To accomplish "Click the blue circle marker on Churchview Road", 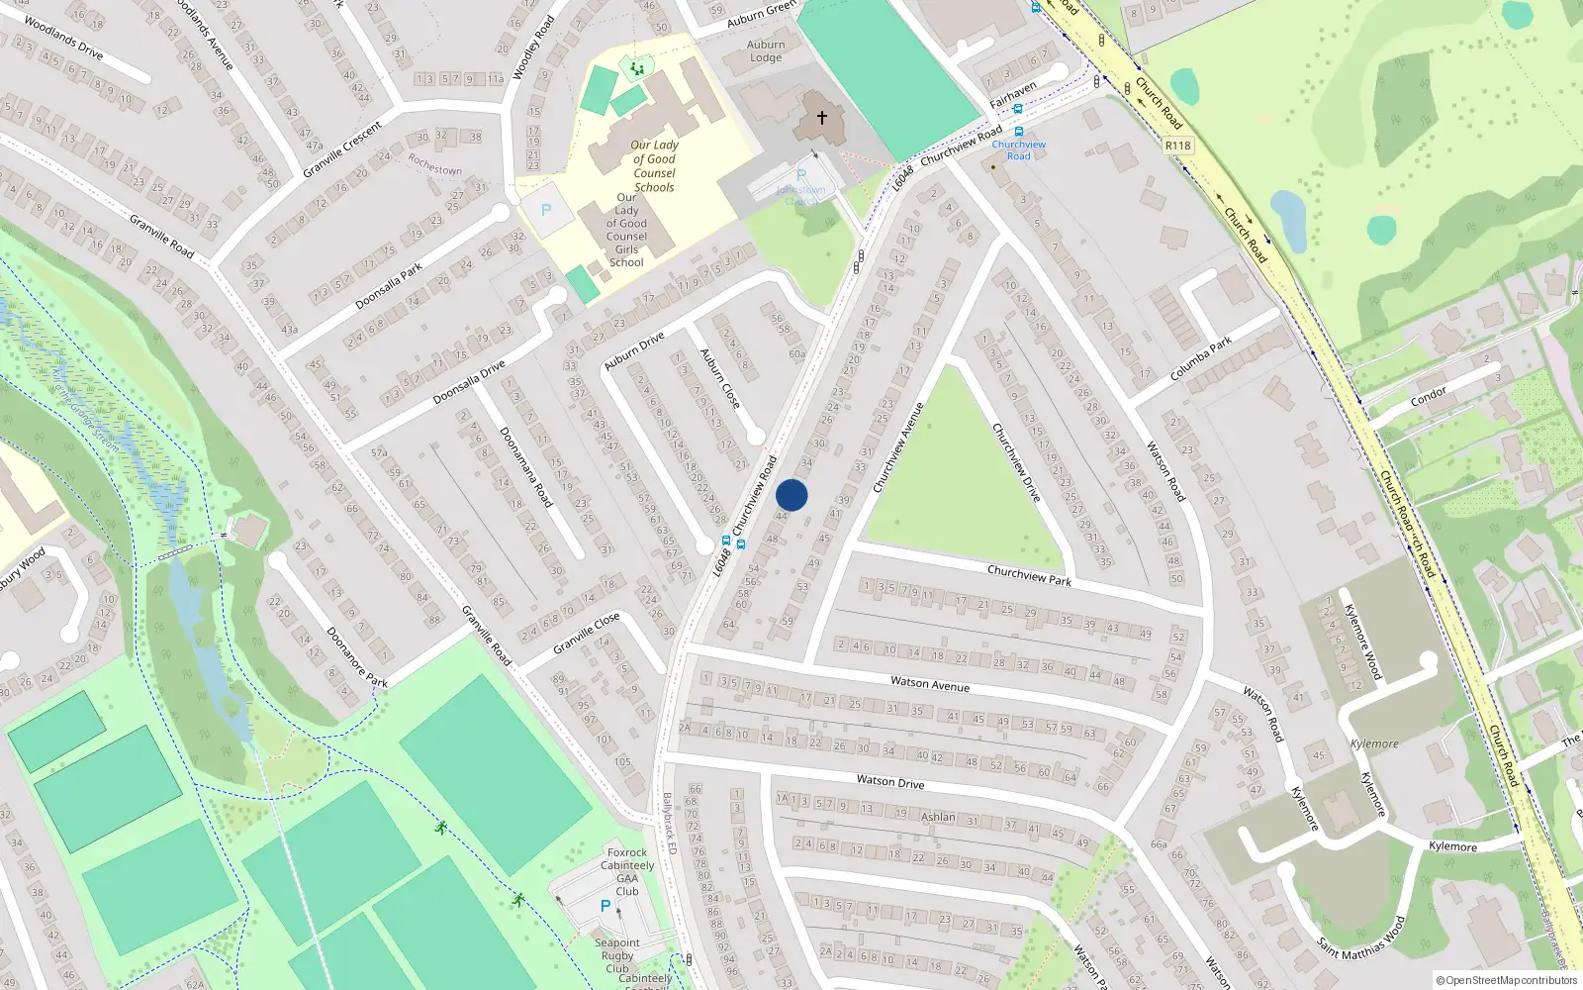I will [x=791, y=495].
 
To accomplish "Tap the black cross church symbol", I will [x=821, y=118].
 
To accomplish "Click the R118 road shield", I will [x=1177, y=146].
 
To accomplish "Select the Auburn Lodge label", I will [x=766, y=51].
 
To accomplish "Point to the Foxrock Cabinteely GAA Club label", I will [x=627, y=871].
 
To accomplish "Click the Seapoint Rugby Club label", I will [x=617, y=955].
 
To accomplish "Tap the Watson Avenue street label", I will [x=930, y=683].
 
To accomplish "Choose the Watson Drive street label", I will [x=890, y=782].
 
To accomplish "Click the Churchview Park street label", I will [x=1029, y=575].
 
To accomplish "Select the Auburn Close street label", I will [x=720, y=378].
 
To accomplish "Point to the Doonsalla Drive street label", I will [x=469, y=382].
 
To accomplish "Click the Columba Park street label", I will [x=1201, y=358].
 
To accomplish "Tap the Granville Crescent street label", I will [x=342, y=149].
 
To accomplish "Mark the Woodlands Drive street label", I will [x=63, y=38].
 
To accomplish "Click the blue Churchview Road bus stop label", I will [x=1018, y=149].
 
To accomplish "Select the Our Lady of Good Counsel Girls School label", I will [x=626, y=230].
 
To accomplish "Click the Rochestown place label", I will [x=435, y=164].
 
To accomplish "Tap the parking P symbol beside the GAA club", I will [x=605, y=906].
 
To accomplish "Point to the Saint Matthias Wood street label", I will [x=1361, y=939].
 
